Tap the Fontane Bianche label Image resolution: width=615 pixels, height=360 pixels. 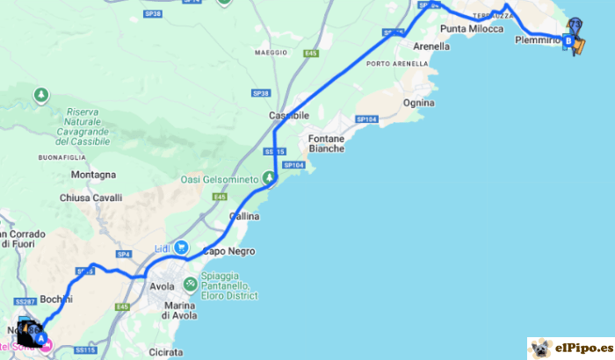326,143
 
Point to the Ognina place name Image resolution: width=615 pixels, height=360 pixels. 418,103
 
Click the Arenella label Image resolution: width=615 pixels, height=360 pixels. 431,47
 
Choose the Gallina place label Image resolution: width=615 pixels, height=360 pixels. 244,216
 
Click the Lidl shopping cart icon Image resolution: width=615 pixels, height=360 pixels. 182,248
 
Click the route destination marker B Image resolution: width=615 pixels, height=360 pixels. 568,40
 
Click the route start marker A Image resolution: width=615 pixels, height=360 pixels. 41,337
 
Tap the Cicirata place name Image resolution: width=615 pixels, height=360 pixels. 166,352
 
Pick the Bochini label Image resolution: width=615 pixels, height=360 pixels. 56,299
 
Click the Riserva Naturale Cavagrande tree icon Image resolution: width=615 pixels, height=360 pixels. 40,94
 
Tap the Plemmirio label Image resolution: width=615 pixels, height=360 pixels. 538,40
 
